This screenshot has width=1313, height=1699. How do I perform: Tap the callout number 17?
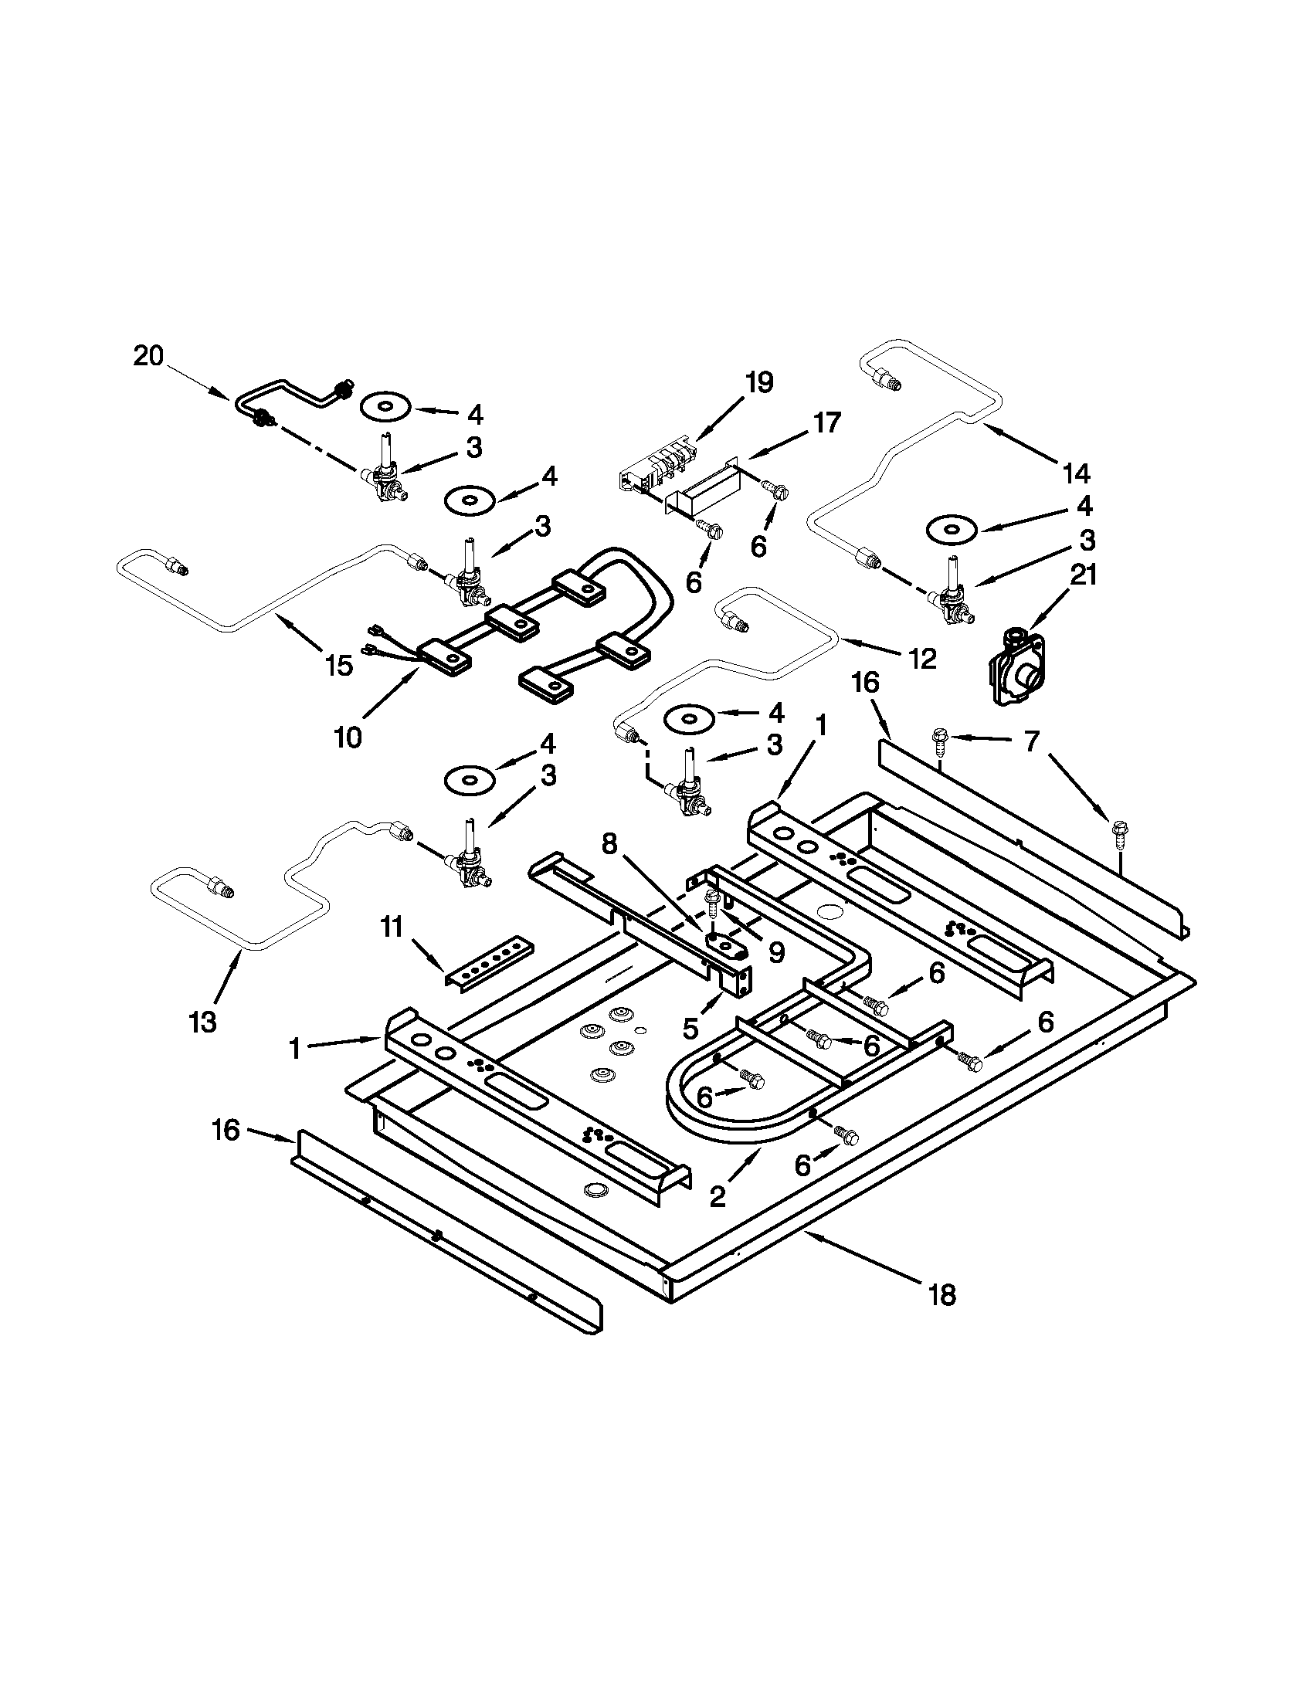(827, 422)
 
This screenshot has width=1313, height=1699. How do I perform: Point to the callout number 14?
(1076, 472)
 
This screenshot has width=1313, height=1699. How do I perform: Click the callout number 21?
(1084, 575)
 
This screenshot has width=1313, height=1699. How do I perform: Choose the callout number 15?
(339, 666)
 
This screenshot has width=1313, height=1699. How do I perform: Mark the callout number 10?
(348, 737)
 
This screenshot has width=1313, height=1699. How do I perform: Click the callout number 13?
(202, 1022)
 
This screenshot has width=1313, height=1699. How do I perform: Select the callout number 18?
(942, 1295)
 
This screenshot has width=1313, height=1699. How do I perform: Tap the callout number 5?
(690, 1028)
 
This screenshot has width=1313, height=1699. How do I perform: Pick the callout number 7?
(1030, 742)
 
